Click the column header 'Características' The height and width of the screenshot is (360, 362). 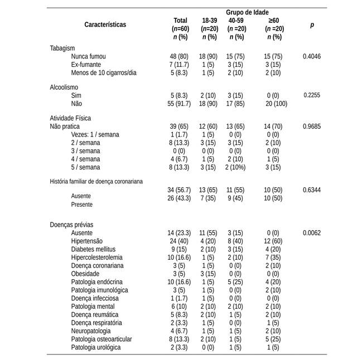pyautogui.click(x=105, y=25)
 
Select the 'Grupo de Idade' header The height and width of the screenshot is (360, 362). pyautogui.click(x=247, y=12)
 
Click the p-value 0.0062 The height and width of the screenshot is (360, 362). pyautogui.click(x=312, y=232)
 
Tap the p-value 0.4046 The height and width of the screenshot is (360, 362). pyautogui.click(x=312, y=56)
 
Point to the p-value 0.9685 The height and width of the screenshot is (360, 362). pyautogui.click(x=312, y=127)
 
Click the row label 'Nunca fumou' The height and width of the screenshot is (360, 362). pyautogui.click(x=88, y=56)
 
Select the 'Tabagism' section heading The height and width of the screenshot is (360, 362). pyautogui.click(x=62, y=48)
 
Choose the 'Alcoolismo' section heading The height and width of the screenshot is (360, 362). pyautogui.click(x=64, y=87)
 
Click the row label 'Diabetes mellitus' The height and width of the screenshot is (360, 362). pyautogui.click(x=93, y=249)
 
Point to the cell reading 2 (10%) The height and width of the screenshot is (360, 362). pyautogui.click(x=236, y=167)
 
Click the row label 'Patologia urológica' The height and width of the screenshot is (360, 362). pyautogui.click(x=96, y=348)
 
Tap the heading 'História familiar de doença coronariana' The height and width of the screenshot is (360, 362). pyautogui.click(x=96, y=181)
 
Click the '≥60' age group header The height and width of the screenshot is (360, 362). pyautogui.click(x=273, y=21)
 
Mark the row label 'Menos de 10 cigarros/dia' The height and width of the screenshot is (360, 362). pyautogui.click(x=104, y=73)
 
